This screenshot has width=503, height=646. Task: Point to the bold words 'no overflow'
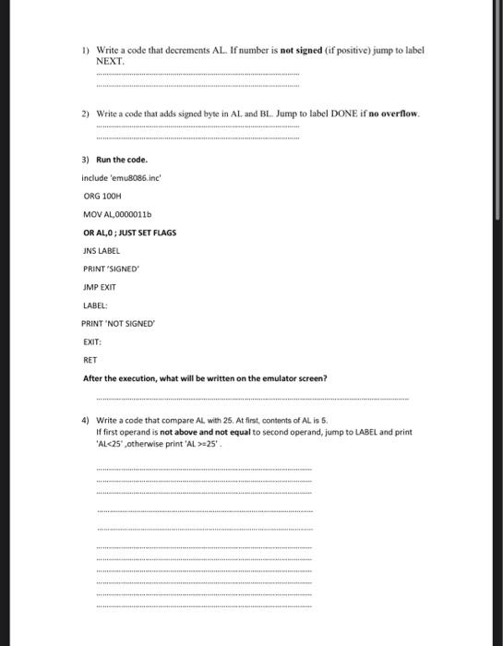pos(393,114)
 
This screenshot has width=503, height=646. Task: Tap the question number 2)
pos(85,114)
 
